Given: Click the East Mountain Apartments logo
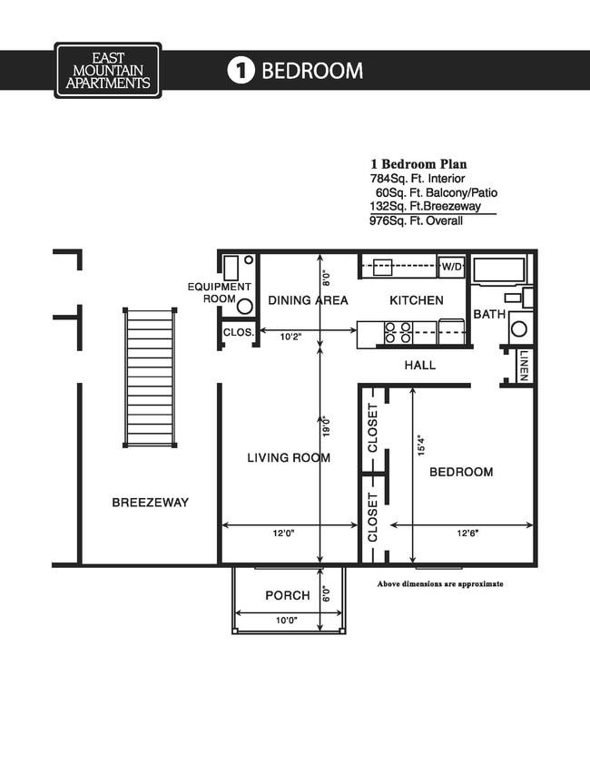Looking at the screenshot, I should (x=107, y=70).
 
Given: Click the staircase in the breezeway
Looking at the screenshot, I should (x=149, y=377).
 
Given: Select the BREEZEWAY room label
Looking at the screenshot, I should (x=151, y=502).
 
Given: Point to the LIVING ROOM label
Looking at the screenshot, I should (x=289, y=458).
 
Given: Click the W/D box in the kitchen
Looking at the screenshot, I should (x=451, y=268).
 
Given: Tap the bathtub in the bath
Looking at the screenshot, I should (x=499, y=270).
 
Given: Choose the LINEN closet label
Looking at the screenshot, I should (x=525, y=367).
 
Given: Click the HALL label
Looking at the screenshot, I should (x=419, y=366).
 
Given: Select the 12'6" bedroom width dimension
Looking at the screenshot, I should (x=467, y=533).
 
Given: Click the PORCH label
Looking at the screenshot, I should (x=287, y=596).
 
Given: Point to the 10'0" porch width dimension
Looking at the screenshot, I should (x=286, y=620).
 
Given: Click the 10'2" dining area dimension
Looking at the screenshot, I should (x=290, y=337).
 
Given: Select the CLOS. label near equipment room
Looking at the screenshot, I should (x=239, y=332).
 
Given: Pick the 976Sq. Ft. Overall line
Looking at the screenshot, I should (x=417, y=220).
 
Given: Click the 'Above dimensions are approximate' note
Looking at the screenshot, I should (x=439, y=584).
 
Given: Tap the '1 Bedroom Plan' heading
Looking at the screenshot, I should (x=418, y=164).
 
